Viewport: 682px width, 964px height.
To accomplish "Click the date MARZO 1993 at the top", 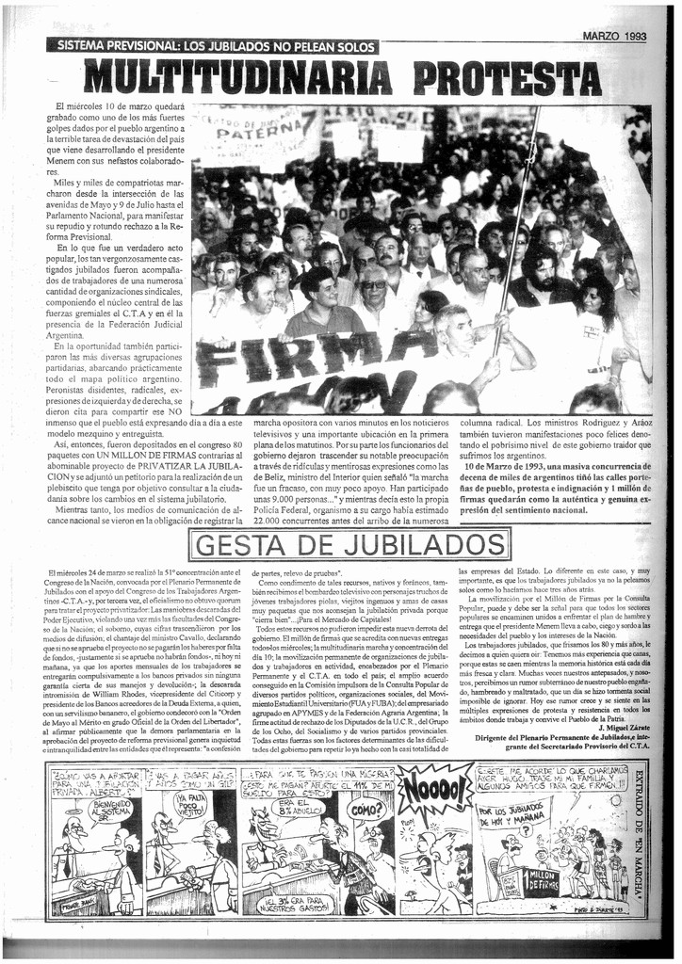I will pyautogui.click(x=614, y=36).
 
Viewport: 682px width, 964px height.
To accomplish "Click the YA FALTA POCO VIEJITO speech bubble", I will pyautogui.click(x=190, y=806).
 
